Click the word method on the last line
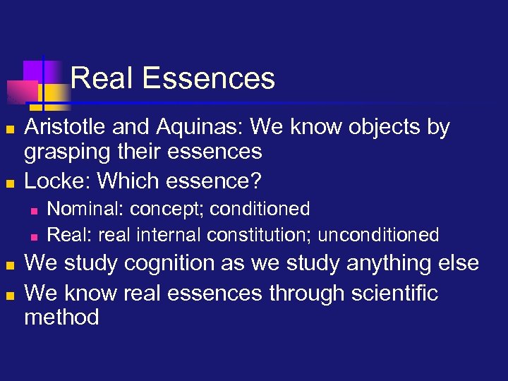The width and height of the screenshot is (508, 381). click(x=61, y=317)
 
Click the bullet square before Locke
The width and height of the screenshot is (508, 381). click(x=8, y=183)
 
